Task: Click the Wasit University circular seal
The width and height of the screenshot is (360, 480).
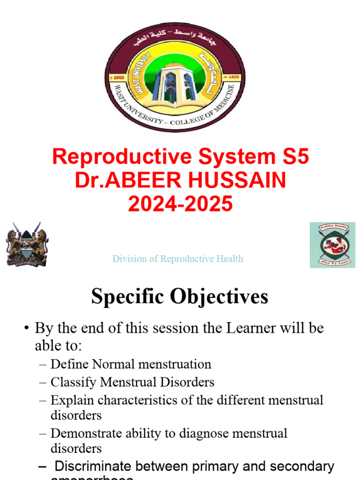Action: coord(174,79)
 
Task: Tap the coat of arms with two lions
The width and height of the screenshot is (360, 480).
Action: coord(27,244)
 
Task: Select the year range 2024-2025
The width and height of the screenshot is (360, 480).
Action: coord(180,204)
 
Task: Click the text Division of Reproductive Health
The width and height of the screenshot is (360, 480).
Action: coord(178,259)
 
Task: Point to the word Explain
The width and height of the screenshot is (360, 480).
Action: coord(69,400)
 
